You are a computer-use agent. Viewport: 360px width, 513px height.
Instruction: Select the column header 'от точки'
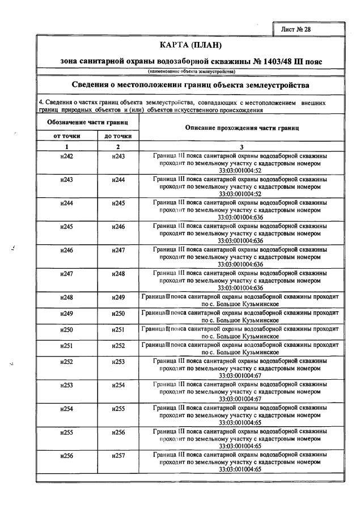pos(66,136)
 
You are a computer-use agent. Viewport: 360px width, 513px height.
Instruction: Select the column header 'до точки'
pos(118,136)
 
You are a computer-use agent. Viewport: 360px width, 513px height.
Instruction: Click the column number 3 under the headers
pos(240,146)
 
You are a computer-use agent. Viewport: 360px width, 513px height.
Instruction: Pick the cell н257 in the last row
pos(118,456)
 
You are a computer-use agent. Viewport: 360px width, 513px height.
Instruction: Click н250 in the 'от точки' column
pos(66,329)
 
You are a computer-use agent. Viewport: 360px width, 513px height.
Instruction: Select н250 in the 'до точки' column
pos(118,313)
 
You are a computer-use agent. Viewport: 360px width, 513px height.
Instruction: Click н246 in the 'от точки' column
pos(66,250)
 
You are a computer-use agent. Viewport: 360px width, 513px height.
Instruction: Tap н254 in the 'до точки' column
pos(118,385)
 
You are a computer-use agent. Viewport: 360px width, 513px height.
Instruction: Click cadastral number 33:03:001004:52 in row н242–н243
pos(240,169)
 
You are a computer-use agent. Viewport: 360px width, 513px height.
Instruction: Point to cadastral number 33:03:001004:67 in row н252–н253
pos(240,375)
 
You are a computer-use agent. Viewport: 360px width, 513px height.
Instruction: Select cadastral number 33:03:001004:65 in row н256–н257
pos(240,469)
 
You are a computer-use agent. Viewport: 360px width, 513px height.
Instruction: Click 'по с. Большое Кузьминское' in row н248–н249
pos(240,304)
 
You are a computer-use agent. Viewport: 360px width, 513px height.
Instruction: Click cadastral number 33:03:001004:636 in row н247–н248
pos(240,287)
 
